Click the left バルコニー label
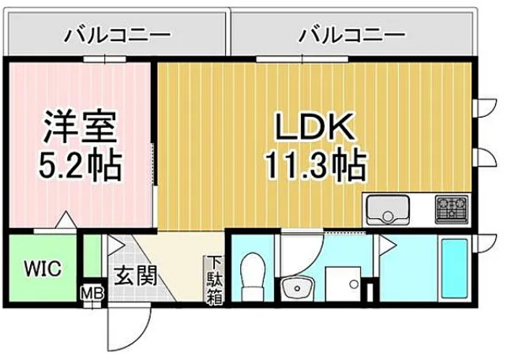tap(118, 36)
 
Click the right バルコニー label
tap(351, 36)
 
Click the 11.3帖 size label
tap(314, 165)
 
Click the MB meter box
tap(92, 295)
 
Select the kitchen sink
tap(387, 211)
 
